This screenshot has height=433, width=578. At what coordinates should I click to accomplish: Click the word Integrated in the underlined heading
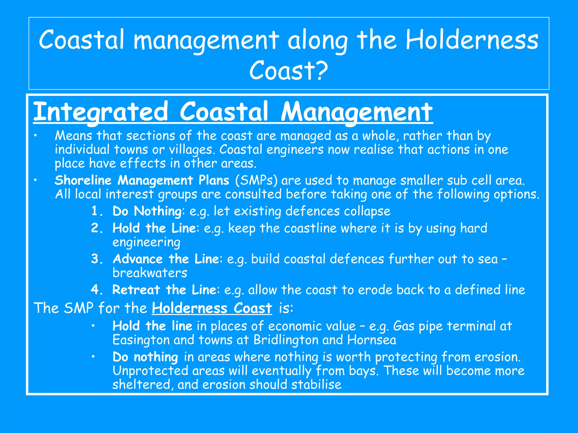point(101,112)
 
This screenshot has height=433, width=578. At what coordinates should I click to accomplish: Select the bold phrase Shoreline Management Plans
point(142,180)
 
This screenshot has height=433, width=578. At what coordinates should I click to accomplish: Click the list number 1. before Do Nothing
point(97,211)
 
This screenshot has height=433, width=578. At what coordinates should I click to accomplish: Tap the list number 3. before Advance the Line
point(97,259)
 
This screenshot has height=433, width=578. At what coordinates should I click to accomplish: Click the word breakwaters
point(150,273)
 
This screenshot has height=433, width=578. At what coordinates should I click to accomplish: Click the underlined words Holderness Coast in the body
point(212,308)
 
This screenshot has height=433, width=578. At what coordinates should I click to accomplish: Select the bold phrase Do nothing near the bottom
point(145,357)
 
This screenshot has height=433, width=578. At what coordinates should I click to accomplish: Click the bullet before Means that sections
point(35,136)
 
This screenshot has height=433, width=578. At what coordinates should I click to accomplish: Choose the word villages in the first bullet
point(191,150)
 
